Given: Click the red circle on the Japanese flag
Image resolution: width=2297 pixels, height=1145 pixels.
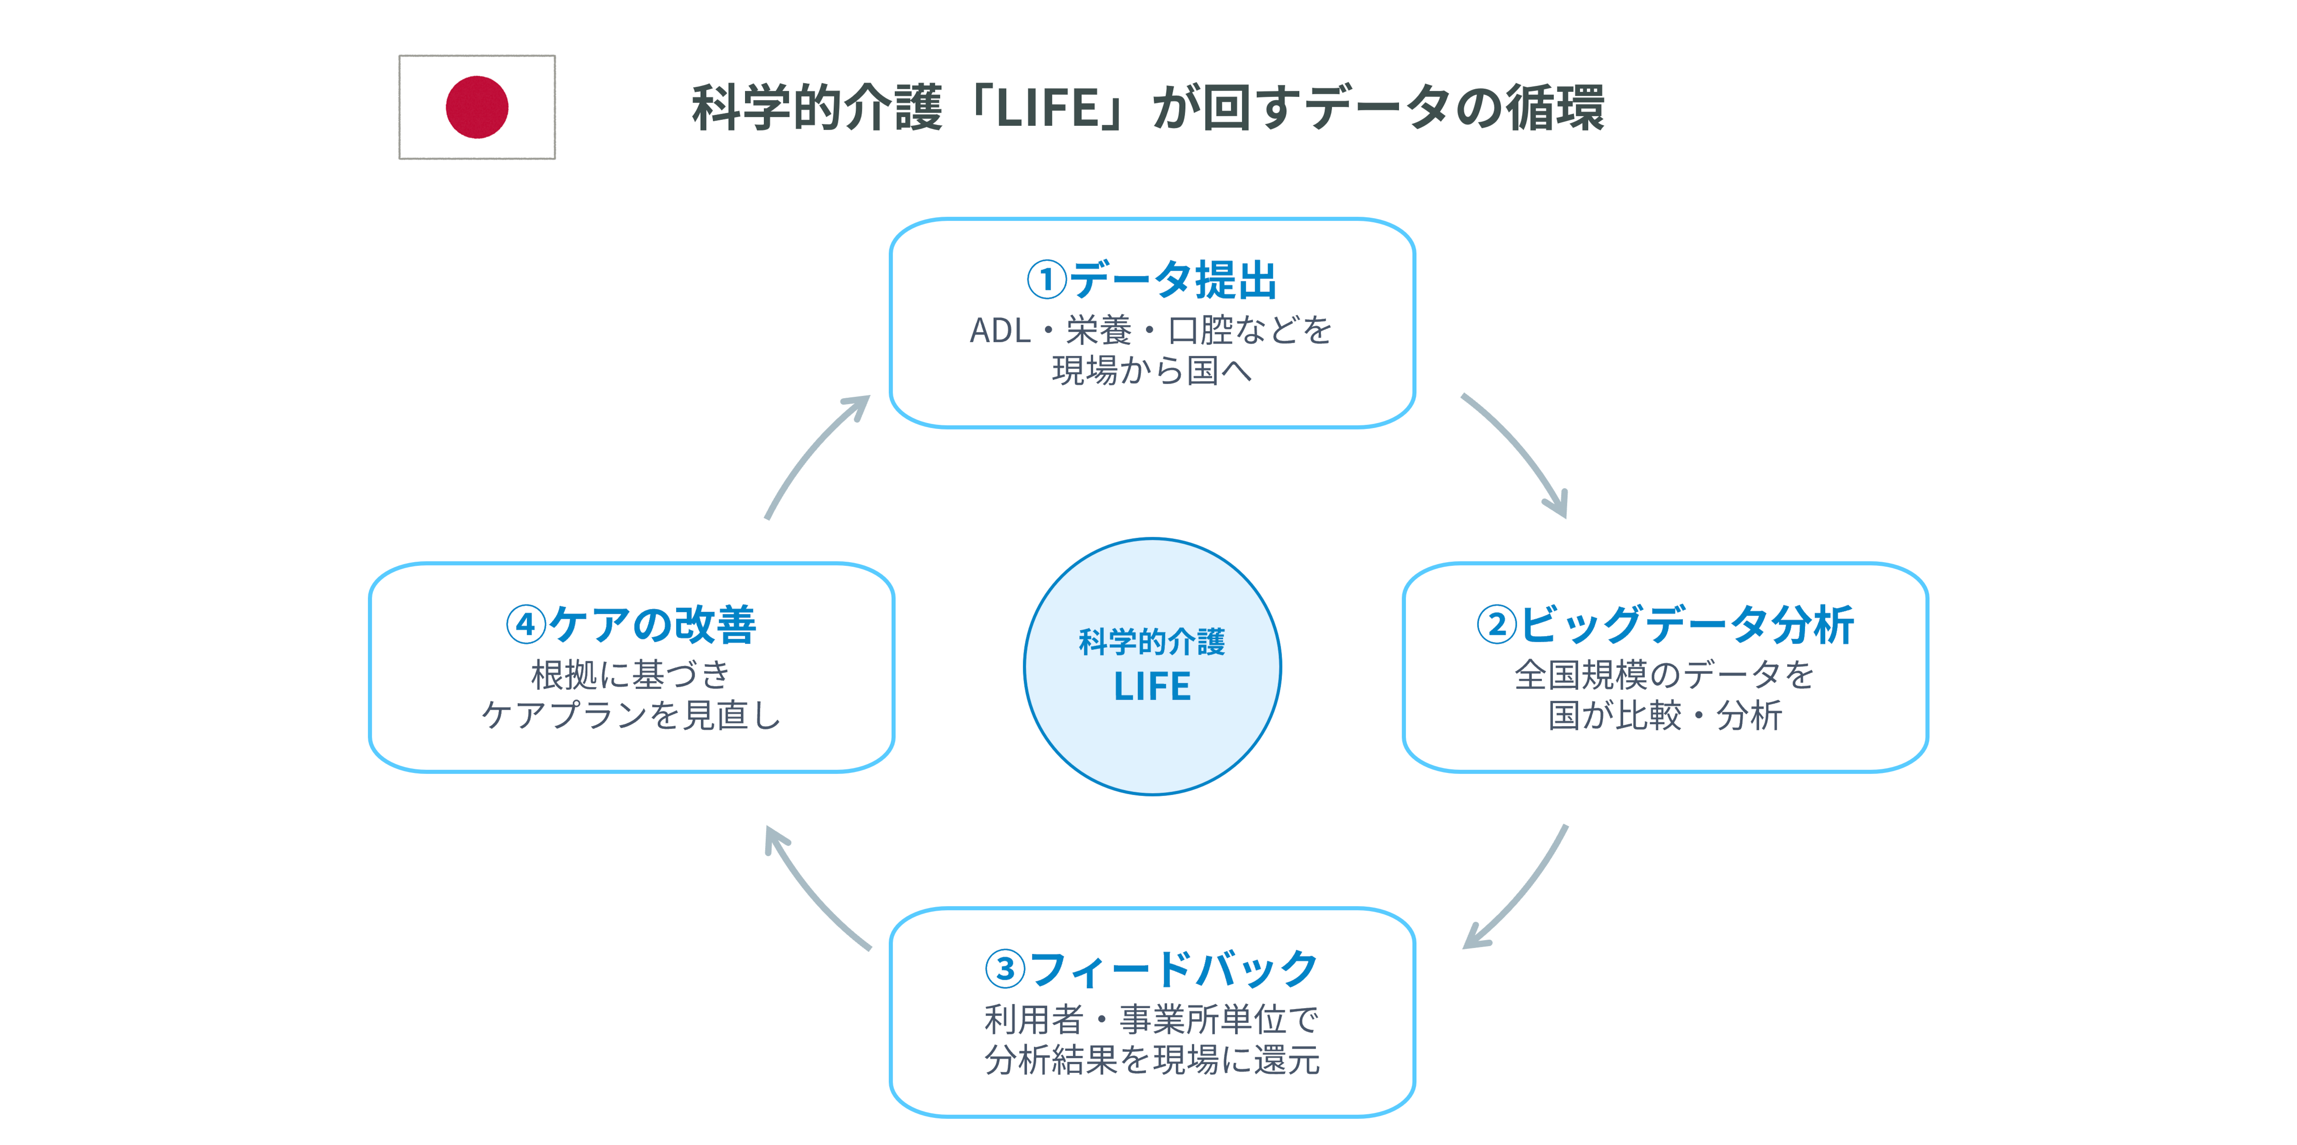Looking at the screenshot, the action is [477, 107].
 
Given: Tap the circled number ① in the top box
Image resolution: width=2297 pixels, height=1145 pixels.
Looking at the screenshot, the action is [1047, 280].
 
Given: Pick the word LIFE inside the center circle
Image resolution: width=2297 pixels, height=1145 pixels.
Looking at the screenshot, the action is [1152, 686].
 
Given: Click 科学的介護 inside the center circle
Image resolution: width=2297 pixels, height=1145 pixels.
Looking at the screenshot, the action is [1152, 641].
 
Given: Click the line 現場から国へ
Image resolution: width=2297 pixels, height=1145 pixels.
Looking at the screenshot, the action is [1152, 370].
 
